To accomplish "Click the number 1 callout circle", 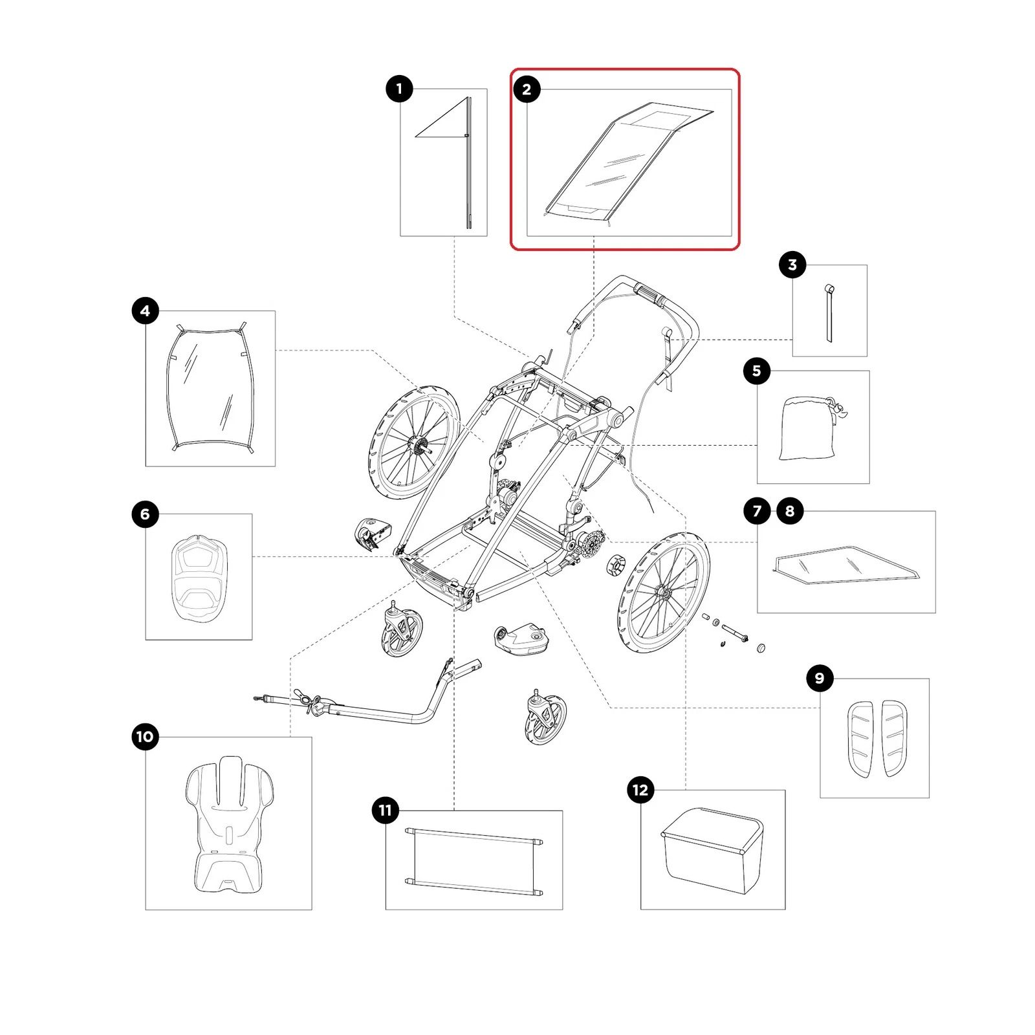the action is pyautogui.click(x=399, y=89).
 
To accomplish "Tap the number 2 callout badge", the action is pyautogui.click(x=527, y=89).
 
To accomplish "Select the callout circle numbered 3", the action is pyautogui.click(x=792, y=265).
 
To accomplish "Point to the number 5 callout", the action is pyautogui.click(x=757, y=371).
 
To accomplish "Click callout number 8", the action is pyautogui.click(x=790, y=511).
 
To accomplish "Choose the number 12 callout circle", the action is pyautogui.click(x=640, y=790).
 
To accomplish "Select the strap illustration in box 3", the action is pyautogui.click(x=829, y=313).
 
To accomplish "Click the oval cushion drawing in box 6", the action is pyautogui.click(x=199, y=578).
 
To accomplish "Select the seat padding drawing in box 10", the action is pyautogui.click(x=229, y=824).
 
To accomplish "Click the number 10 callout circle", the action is pyautogui.click(x=145, y=737).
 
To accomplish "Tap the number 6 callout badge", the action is pyautogui.click(x=145, y=514).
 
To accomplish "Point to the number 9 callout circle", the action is pyautogui.click(x=820, y=678).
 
